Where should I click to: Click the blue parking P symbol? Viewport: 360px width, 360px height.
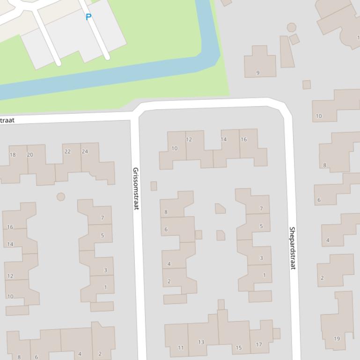tap(88, 17)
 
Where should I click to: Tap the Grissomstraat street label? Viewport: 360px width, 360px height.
tap(135, 188)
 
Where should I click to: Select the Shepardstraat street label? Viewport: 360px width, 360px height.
tap(292, 248)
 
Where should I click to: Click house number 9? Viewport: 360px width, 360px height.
tap(258, 72)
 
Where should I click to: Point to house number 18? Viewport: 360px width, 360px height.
tap(13, 155)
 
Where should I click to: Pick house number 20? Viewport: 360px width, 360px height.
tap(30, 155)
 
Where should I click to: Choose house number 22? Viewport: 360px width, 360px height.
tap(67, 151)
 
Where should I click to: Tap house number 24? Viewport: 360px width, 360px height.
tap(85, 151)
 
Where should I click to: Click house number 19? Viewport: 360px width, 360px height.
tap(337, 338)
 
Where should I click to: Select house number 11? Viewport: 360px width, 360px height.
tap(181, 347)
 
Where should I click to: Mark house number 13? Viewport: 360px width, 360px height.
tap(201, 342)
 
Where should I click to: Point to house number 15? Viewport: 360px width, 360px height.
tap(239, 347)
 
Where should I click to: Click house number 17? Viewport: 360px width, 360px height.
tap(259, 345)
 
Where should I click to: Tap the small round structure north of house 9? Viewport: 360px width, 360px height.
tap(291, 28)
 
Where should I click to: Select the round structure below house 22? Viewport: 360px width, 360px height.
tap(61, 197)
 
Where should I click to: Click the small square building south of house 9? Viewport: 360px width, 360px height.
tap(307, 85)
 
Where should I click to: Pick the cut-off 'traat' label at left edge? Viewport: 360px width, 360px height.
tap(7, 120)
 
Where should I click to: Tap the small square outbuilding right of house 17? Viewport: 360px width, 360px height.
tap(277, 333)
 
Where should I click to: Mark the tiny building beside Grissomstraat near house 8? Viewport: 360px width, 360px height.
tap(154, 186)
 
